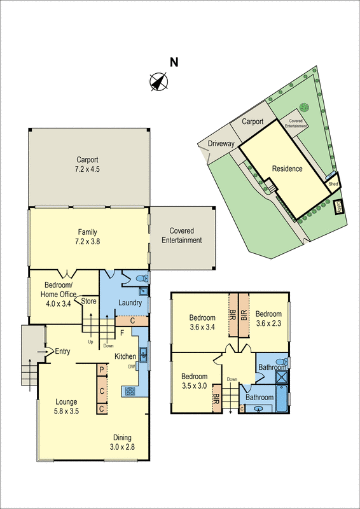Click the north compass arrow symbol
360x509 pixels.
pos(158,81)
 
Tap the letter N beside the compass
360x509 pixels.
pos(174,62)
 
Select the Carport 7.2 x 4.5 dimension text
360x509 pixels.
pos(88,169)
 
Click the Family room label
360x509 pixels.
pos(88,232)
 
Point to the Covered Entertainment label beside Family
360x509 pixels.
pos(181,235)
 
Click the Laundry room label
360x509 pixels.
pos(130,302)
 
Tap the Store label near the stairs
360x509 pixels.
pos(88,302)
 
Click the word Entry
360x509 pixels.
pos(62,351)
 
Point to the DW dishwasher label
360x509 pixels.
pos(131,366)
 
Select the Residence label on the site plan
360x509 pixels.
pos(287,169)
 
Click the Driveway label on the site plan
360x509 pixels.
pos(220,144)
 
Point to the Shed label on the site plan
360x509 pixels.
pos(333,183)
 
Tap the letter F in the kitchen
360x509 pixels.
pos(121,333)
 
